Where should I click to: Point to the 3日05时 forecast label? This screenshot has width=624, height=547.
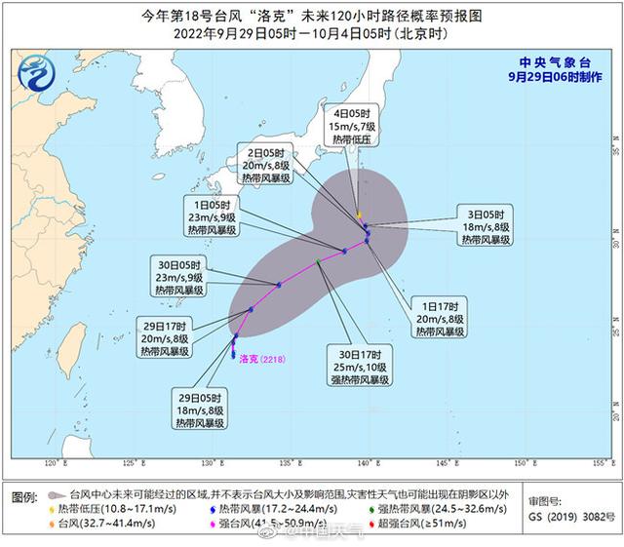pos(485,226)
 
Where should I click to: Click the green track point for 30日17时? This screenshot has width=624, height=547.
pos(319,262)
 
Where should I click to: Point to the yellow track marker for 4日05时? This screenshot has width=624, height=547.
pos(359,215)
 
